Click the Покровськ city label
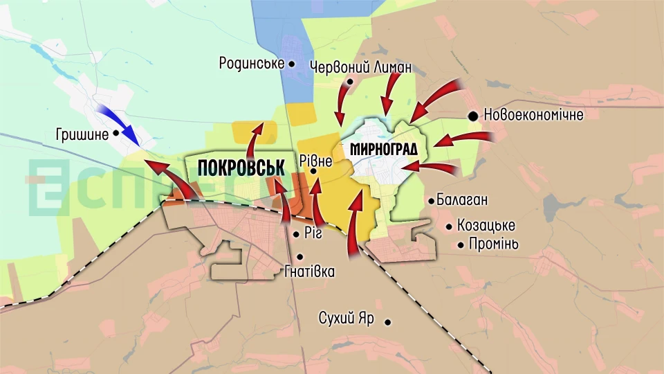click(241, 168)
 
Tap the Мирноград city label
click(389, 148)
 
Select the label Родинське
click(252, 63)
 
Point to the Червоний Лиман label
click(361, 67)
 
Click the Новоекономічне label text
click(533, 115)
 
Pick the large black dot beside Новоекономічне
click(473, 116)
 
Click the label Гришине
click(82, 134)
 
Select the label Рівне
click(317, 161)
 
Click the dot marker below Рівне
click(313, 171)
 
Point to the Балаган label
click(462, 200)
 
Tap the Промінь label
click(493, 244)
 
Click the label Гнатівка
click(309, 271)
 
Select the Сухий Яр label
click(347, 319)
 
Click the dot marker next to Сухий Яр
click(388, 321)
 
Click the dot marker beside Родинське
click(292, 64)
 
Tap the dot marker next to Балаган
click(432, 201)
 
